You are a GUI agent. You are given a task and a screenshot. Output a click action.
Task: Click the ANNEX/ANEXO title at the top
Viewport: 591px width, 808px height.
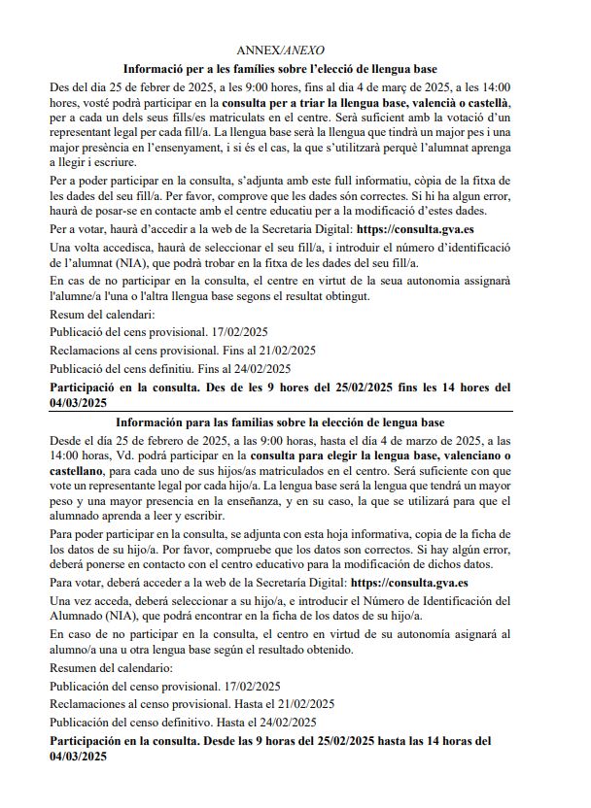pos(281,50)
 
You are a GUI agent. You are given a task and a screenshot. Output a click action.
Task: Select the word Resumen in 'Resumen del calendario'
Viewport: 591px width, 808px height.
pos(73,668)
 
